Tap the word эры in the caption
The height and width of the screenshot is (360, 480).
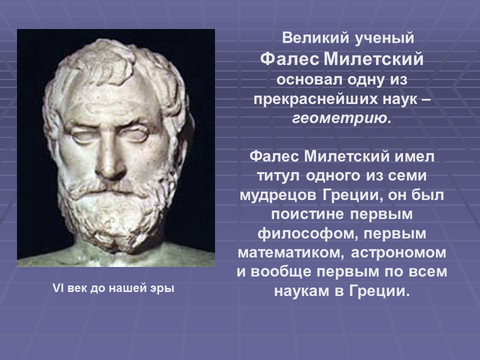tap(163, 288)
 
